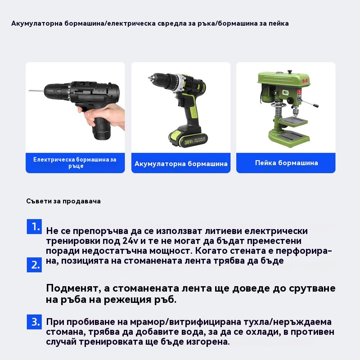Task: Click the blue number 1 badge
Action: coord(34,227)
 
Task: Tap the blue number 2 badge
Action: coord(34,265)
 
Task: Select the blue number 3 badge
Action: coord(34,322)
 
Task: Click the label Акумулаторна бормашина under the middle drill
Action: coord(181,164)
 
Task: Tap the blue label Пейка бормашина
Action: coord(286,163)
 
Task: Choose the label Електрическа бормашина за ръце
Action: coord(75,162)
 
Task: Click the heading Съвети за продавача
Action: coord(63,201)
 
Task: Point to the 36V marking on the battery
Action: coord(189,142)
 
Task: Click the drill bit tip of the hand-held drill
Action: coord(29,91)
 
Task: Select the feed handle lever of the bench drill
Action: coord(309,103)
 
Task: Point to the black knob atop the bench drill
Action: coord(290,72)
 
